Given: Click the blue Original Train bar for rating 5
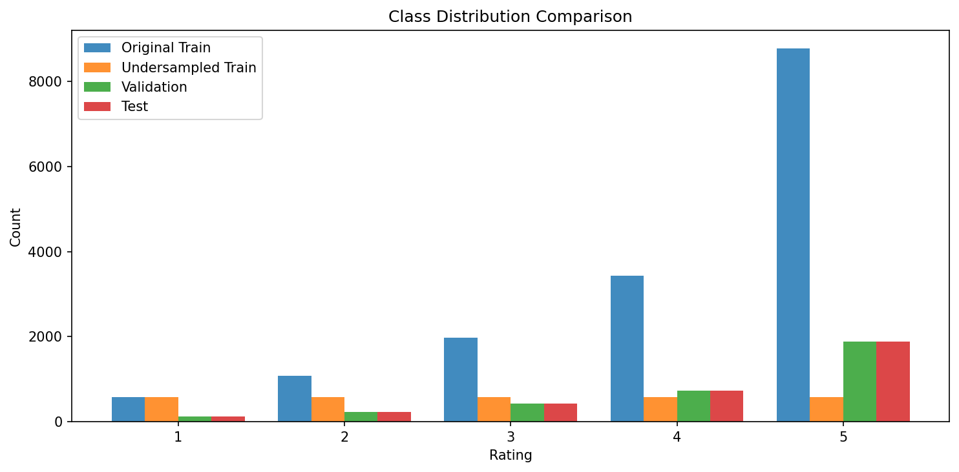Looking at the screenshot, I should [x=793, y=235].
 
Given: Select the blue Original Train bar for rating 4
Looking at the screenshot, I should [x=627, y=349].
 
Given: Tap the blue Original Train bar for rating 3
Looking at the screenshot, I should [x=461, y=380].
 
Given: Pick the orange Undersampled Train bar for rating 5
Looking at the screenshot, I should [x=826, y=409].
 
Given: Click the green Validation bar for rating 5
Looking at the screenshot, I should [x=859, y=382].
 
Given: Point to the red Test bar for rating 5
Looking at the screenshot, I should [x=892, y=382].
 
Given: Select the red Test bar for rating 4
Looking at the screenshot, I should [x=726, y=406].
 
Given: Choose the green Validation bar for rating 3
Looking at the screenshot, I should [x=527, y=413].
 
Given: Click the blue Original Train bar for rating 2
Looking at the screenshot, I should [x=295, y=398].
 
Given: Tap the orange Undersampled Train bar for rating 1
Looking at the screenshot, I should [x=162, y=409].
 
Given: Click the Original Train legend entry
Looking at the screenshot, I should [x=165, y=48].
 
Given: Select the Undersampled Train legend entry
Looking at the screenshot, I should [x=188, y=68].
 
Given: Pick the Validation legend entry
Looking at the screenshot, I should [x=154, y=87].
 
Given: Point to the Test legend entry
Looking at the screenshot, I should [x=134, y=107].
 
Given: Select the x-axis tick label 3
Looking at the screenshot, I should [x=511, y=437].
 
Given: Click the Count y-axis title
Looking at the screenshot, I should [x=16, y=227].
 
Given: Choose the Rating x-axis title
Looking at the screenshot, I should [x=511, y=455].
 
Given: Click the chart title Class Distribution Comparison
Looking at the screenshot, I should [x=511, y=17].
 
